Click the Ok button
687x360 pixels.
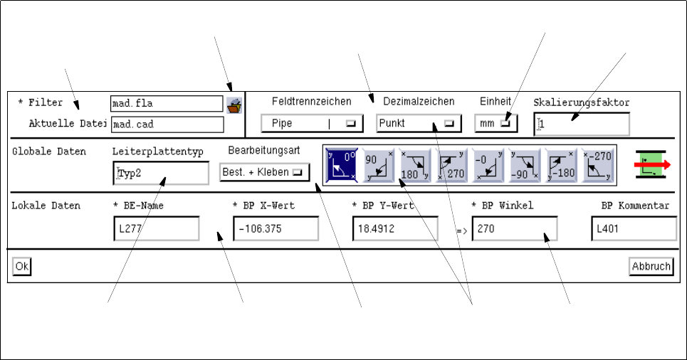[x=22, y=266]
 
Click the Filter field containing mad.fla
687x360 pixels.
[x=167, y=104]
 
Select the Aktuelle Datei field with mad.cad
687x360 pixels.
[x=167, y=124]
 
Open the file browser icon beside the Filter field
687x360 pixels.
[x=234, y=105]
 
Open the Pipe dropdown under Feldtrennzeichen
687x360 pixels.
[x=312, y=123]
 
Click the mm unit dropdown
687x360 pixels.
[x=496, y=123]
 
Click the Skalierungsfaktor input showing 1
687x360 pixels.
[x=582, y=124]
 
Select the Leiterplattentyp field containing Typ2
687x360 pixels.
[x=161, y=172]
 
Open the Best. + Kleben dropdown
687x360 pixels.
[x=264, y=172]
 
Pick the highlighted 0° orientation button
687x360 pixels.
[x=342, y=165]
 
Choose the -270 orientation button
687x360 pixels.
[x=598, y=165]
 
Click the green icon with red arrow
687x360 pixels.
[x=652, y=165]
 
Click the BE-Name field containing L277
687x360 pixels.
[x=156, y=229]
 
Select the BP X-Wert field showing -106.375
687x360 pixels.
[x=276, y=229]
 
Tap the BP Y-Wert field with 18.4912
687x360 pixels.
[x=395, y=229]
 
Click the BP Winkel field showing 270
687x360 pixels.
[x=514, y=229]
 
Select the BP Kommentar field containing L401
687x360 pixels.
[x=634, y=229]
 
